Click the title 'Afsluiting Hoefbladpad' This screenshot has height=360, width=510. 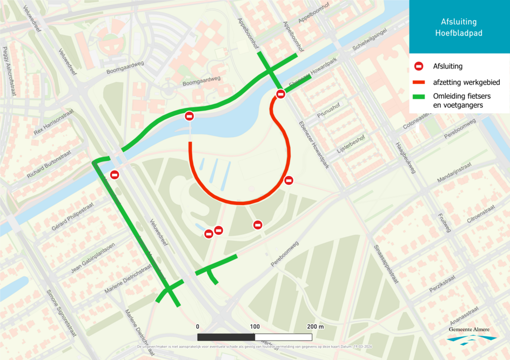click(459, 28)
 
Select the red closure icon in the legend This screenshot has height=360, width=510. click(418, 66)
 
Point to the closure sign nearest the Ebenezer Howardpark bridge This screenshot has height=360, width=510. click(280, 94)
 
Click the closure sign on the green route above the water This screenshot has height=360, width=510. click(189, 116)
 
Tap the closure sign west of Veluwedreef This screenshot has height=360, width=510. click(115, 174)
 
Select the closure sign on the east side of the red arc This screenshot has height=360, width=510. click(288, 180)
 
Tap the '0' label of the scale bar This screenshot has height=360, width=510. click(198, 327)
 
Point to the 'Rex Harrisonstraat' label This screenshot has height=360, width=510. click(53, 124)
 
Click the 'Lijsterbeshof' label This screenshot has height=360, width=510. click(351, 144)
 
